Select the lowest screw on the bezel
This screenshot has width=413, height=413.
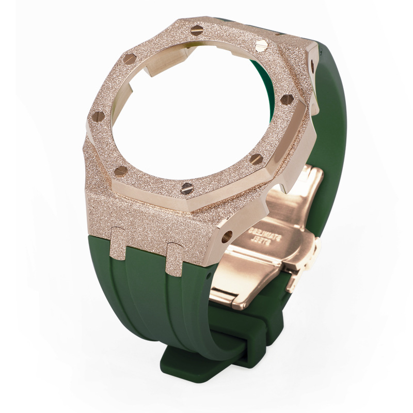coord(187,188)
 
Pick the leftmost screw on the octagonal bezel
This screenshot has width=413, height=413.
coord(99,116)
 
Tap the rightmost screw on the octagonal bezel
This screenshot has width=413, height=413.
coord(287,99)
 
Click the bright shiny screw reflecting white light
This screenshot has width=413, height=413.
coord(262,45)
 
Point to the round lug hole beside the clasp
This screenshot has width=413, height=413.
coord(227,236)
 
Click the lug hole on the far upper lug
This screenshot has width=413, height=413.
coord(313,63)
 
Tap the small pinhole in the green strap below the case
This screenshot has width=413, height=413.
coord(209,276)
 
